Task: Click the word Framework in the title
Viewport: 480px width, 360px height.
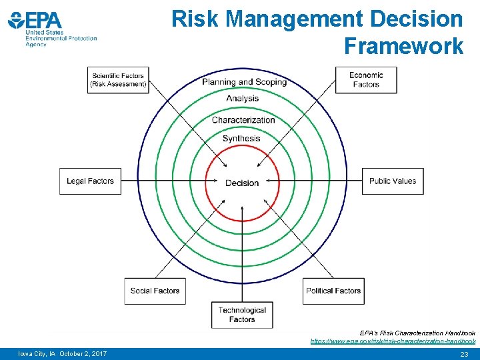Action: click(403, 46)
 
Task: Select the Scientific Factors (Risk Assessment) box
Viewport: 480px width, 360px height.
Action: click(118, 80)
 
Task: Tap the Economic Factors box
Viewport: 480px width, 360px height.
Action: click(366, 80)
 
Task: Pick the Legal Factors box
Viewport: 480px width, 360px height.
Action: click(90, 181)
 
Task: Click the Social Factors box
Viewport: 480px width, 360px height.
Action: click(155, 291)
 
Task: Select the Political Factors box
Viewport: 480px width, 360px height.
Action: click(333, 291)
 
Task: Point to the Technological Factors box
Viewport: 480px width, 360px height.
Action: click(242, 315)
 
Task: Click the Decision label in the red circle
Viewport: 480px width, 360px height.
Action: click(242, 183)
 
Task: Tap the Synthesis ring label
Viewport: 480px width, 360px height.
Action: click(241, 139)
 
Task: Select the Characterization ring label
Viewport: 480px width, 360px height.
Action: click(243, 120)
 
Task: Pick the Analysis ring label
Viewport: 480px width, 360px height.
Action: click(242, 99)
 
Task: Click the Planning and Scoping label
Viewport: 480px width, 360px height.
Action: click(244, 82)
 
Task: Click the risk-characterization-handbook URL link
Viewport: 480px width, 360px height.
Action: click(393, 341)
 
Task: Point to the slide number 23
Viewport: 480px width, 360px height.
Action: click(464, 354)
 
